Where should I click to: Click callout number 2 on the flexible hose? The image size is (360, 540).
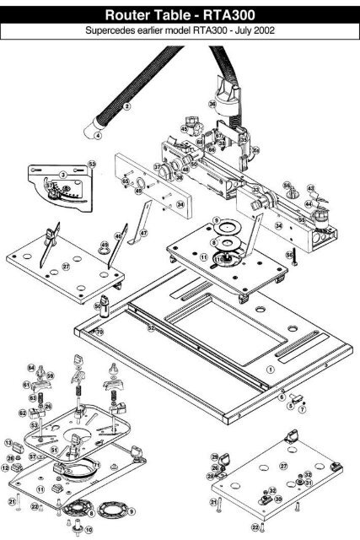pyautogui.click(x=126, y=106)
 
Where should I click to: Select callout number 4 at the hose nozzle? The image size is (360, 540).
pyautogui.click(x=98, y=135)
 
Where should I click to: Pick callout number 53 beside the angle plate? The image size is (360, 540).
pyautogui.click(x=93, y=162)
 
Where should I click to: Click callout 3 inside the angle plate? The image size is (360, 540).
pyautogui.click(x=62, y=174)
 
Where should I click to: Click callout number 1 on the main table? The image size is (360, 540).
pyautogui.click(x=271, y=370)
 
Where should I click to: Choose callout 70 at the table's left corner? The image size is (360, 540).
pyautogui.click(x=99, y=332)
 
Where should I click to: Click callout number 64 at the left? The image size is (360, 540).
pyautogui.click(x=30, y=367)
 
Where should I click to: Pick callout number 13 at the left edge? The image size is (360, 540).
pyautogui.click(x=8, y=442)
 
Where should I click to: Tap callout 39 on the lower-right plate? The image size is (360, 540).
pyautogui.click(x=278, y=499)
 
